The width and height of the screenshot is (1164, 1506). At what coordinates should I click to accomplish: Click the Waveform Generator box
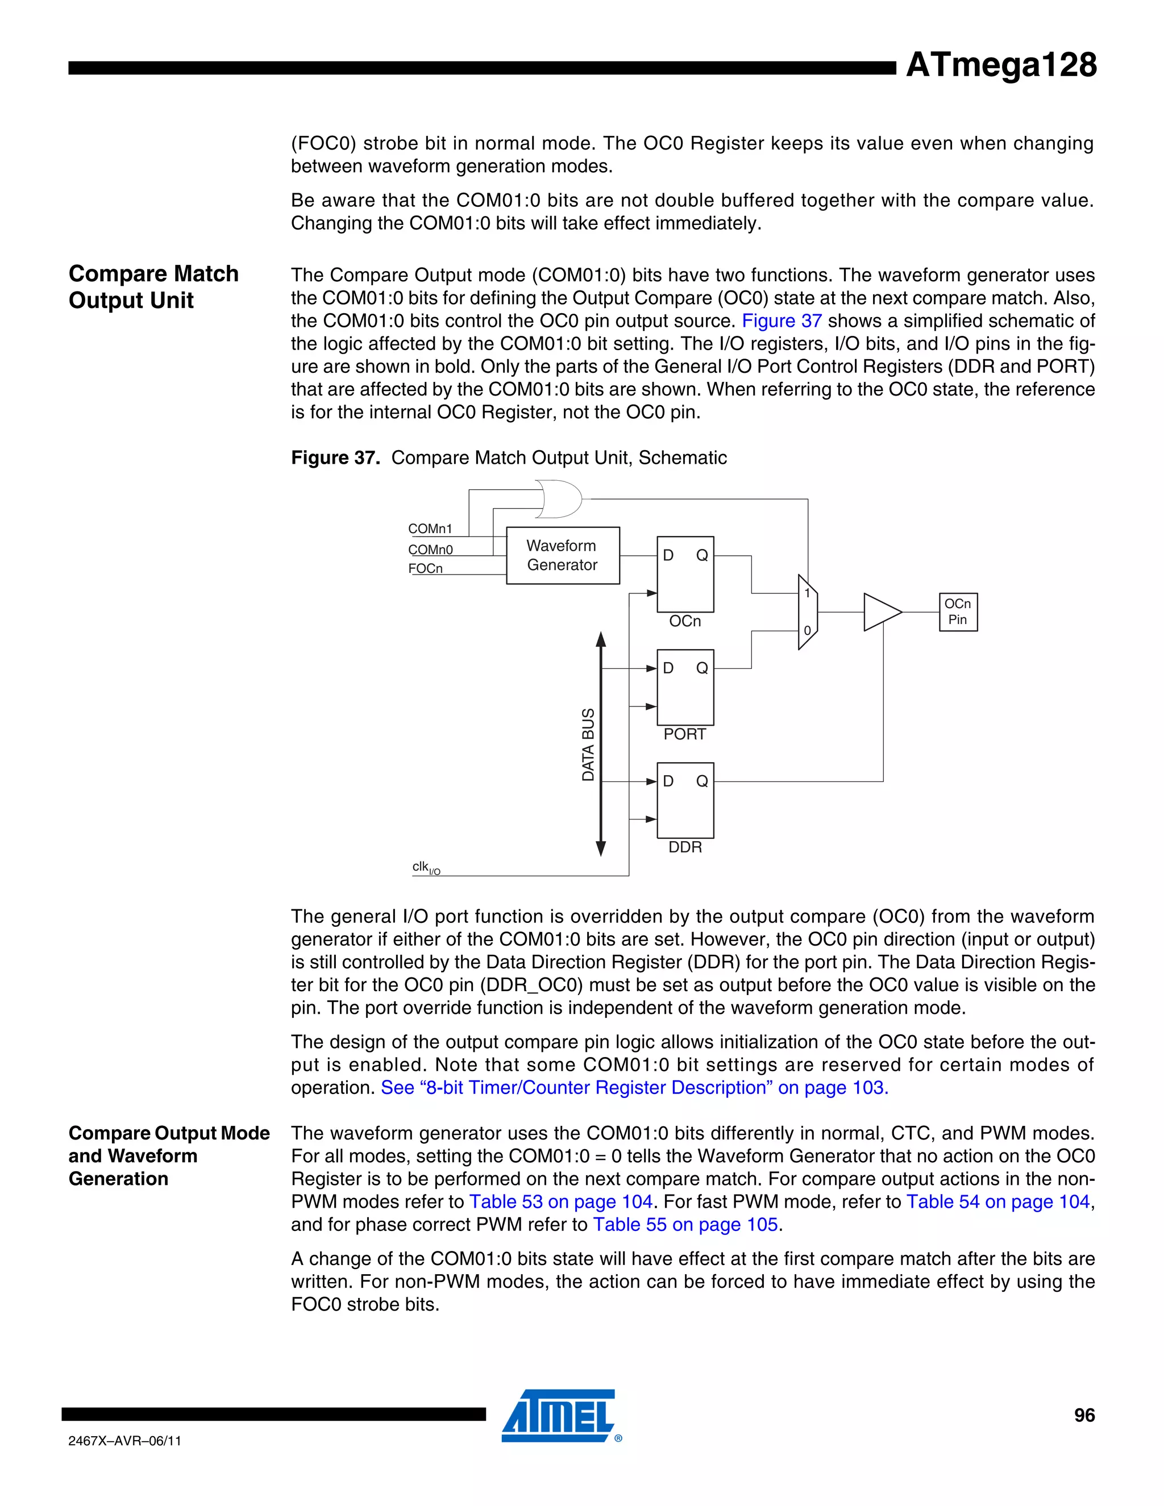563,556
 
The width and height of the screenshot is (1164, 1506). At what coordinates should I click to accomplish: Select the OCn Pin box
958,611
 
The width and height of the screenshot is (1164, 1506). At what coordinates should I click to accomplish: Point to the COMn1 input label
430,529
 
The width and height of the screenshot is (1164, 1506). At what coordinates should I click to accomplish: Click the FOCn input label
426,568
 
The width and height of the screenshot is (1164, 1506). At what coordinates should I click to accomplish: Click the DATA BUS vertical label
588,744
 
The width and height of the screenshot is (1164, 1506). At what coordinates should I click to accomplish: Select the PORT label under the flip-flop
684,734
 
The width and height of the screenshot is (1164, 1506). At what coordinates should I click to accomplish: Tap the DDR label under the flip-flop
685,847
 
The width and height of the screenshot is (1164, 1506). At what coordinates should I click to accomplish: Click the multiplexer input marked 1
807,593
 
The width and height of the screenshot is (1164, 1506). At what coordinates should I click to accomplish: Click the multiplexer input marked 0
807,630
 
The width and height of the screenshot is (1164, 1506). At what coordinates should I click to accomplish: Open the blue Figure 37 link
781,321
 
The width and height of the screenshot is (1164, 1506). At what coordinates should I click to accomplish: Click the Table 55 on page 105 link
685,1224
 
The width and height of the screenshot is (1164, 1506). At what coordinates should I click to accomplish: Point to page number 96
1084,1415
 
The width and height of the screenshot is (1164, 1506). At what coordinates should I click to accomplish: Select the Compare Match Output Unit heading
153,287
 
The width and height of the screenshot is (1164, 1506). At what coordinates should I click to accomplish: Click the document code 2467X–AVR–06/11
125,1441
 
